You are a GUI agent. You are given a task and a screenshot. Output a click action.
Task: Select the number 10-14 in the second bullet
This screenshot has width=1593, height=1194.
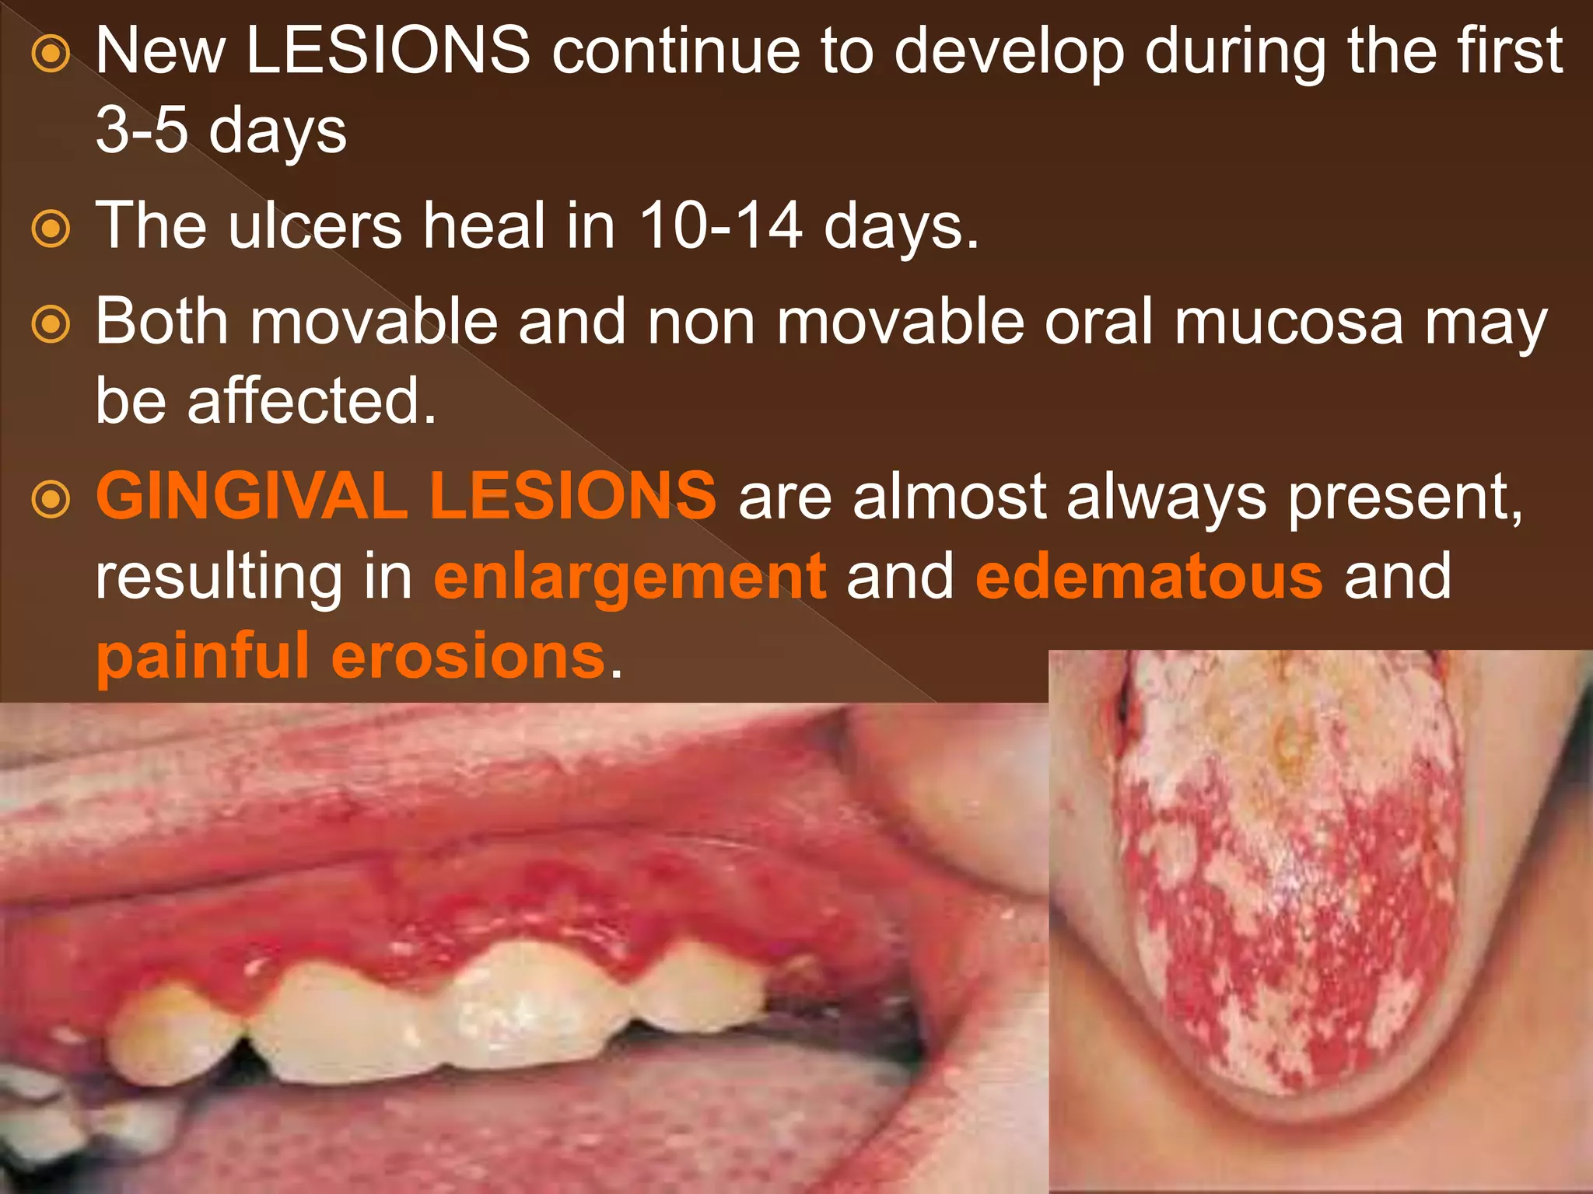point(720,225)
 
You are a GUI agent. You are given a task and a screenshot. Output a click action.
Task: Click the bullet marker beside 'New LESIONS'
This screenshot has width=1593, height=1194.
point(52,55)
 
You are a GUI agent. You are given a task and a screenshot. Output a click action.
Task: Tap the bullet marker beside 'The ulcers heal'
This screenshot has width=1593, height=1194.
point(52,229)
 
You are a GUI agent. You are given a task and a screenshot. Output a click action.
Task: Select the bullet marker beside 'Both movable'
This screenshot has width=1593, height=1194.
point(52,325)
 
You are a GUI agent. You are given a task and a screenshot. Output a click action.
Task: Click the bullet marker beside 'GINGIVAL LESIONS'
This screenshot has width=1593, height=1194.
point(52,500)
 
